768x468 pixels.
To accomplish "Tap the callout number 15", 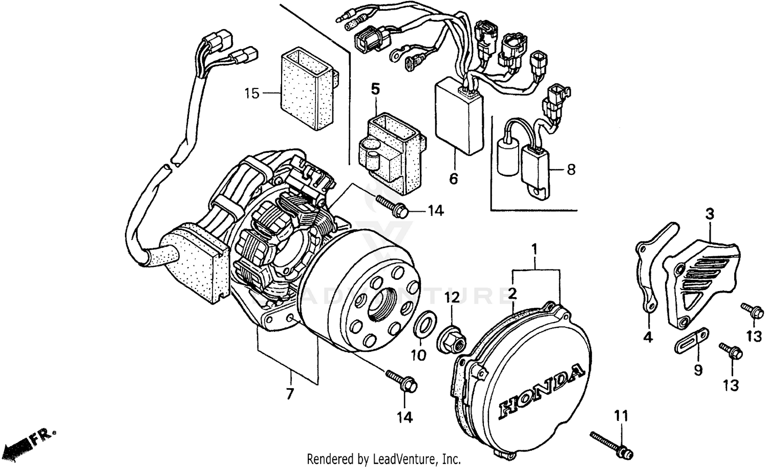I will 251,94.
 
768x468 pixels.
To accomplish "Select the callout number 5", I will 375,89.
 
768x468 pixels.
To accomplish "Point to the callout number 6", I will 453,179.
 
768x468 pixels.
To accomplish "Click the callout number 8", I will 571,169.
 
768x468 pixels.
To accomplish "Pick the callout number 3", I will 710,213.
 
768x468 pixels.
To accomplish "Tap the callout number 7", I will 290,394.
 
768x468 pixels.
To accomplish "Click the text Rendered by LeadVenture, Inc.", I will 383,458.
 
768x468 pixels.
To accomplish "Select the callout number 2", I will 512,294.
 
